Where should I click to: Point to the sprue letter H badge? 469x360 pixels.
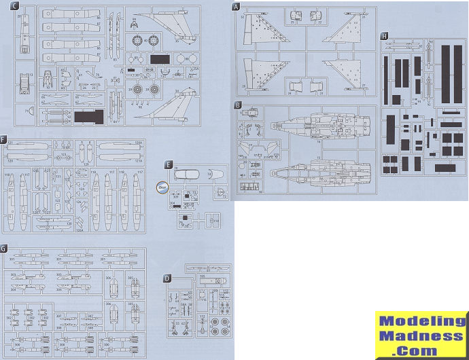[x=385, y=35]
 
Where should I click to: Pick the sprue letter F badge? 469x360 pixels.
[x=4, y=140]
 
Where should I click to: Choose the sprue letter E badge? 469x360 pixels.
[x=168, y=164]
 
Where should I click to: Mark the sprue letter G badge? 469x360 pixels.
[x=4, y=249]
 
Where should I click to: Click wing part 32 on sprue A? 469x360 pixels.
[x=261, y=31]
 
